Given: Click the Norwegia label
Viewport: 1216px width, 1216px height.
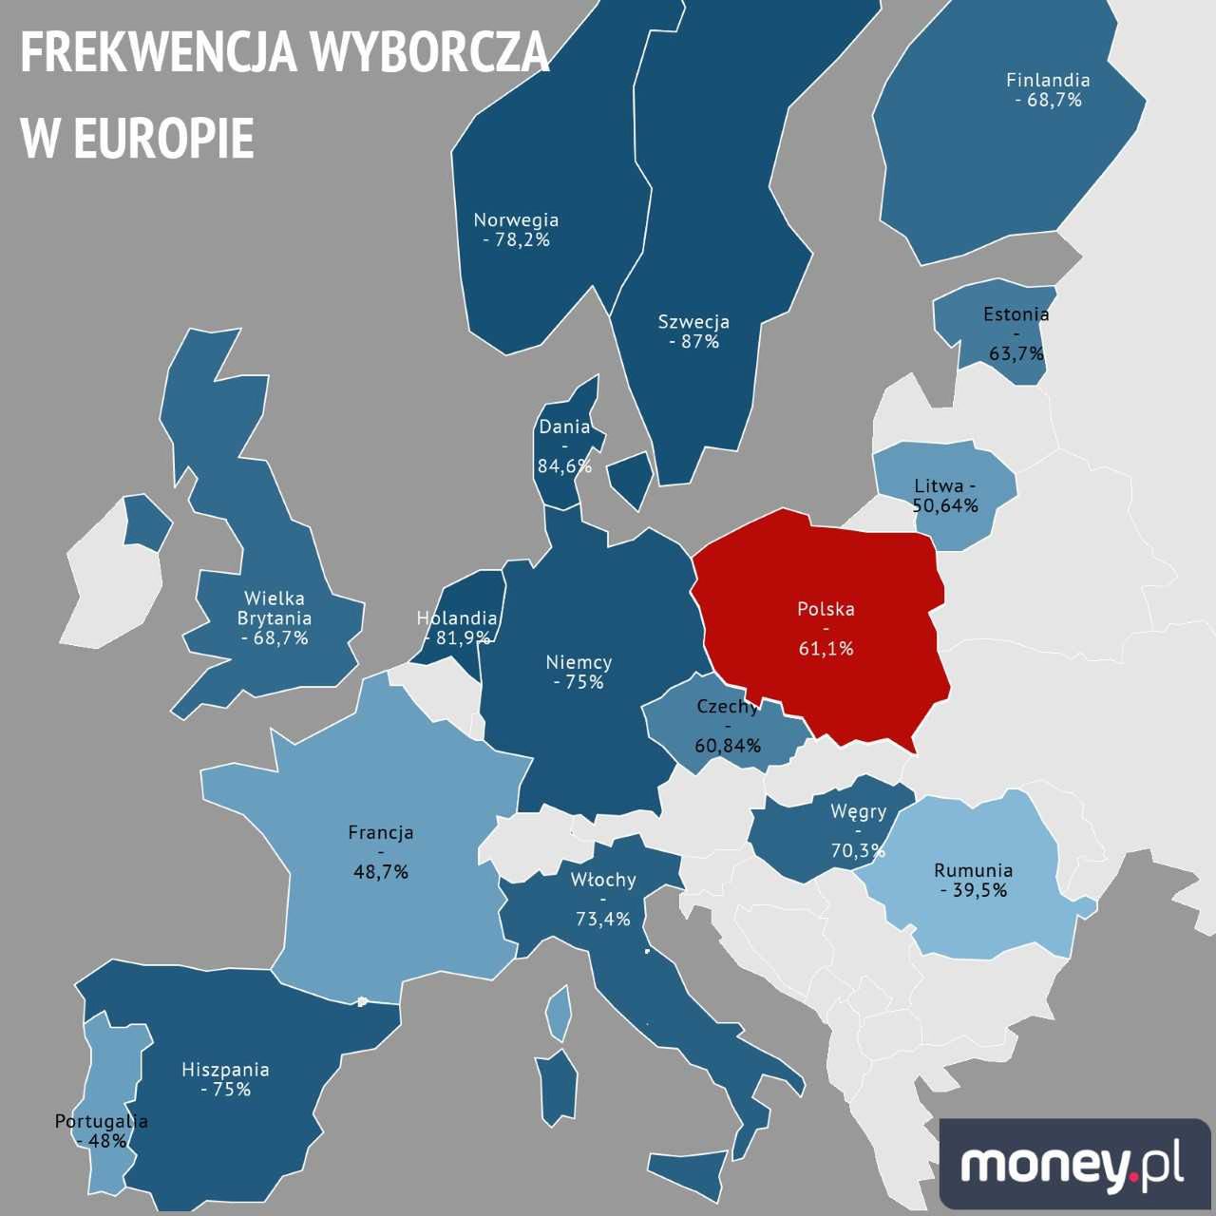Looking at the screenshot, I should click(516, 220).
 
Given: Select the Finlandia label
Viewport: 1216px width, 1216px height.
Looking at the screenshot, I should click(1048, 81).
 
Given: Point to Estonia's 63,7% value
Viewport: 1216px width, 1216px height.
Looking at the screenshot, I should click(1016, 354).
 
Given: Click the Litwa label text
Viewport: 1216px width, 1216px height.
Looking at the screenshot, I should click(939, 486).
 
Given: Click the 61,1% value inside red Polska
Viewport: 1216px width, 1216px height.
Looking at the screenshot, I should click(826, 649).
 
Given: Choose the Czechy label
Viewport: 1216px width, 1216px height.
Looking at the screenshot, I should click(728, 707).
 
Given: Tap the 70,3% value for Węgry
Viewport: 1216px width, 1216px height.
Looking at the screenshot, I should click(857, 850).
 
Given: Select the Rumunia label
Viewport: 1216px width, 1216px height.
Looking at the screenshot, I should click(973, 870).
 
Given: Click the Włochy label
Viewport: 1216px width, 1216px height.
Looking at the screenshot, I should click(603, 880).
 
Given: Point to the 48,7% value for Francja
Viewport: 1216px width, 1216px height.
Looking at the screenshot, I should click(381, 871).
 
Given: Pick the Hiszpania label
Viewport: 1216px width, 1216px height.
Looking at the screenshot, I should click(225, 1070).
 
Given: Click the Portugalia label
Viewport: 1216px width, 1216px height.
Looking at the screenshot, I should click(101, 1121).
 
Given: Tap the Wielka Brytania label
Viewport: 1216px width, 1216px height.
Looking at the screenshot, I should click(275, 608).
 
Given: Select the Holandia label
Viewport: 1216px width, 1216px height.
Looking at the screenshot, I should click(457, 618).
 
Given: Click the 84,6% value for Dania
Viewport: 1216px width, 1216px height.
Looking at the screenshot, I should click(564, 466).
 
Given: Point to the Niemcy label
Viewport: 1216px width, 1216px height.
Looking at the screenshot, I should click(579, 662).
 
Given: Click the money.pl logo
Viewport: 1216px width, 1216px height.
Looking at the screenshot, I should click(1073, 1165).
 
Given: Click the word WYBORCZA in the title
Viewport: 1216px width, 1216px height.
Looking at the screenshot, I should click(429, 52).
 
